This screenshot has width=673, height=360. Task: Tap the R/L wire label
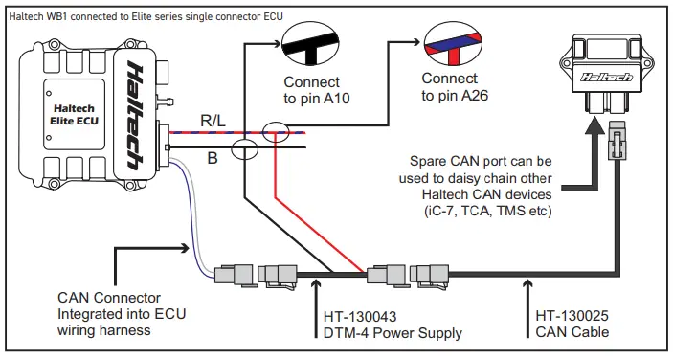click(x=213, y=121)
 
